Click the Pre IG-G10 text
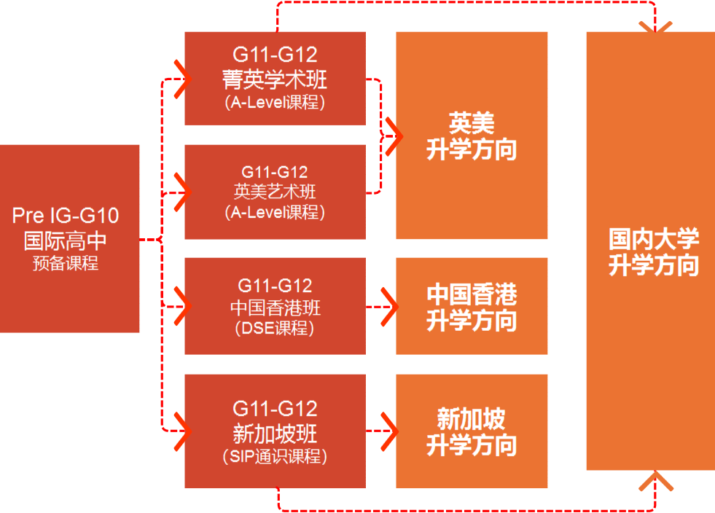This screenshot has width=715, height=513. pos(66,216)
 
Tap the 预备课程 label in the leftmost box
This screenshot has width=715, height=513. pos(66,263)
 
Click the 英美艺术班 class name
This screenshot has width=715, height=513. pos(275,192)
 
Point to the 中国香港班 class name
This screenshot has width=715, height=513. pos(275,307)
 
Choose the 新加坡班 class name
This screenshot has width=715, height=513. pos(275,434)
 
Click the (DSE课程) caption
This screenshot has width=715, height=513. pos(275,329)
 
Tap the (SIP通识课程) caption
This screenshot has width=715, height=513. pos(275,457)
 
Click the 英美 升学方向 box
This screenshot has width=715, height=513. pos(472,136)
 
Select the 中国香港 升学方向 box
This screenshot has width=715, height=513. pos(472,307)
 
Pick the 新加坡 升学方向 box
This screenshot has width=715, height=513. pos(472,431)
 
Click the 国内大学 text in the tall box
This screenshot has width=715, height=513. pos(654,238)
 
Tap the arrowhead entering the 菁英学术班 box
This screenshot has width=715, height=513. pos(181,79)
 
